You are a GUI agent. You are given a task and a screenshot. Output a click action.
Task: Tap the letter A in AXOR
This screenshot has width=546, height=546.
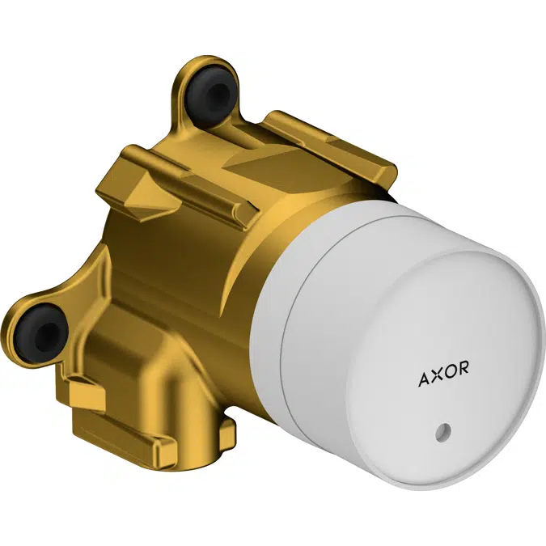click(425, 377)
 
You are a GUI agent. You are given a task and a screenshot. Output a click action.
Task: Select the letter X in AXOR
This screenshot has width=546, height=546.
click(437, 377)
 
